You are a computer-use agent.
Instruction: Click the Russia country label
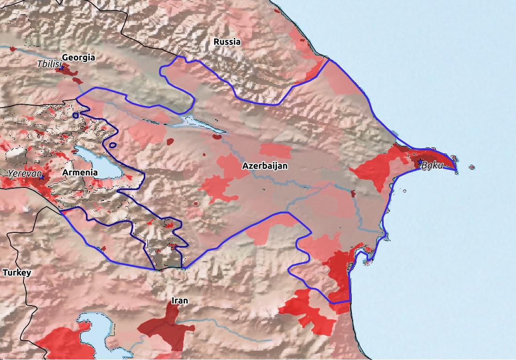pos(227,42)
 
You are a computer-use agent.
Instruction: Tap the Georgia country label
pos(78,58)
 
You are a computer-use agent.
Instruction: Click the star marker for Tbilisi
pos(61,69)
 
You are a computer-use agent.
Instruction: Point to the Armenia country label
pos(80,173)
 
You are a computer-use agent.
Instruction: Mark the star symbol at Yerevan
pos(41,178)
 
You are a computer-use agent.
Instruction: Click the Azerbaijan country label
pos(265,166)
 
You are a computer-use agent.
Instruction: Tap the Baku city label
pos(432,165)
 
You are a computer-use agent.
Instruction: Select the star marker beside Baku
pos(420,162)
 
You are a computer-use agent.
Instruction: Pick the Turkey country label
pos(16,273)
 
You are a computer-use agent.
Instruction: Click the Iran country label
pos(180,301)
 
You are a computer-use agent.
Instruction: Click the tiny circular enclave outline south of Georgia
pos(76,115)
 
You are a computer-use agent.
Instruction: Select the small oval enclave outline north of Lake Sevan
pos(112,145)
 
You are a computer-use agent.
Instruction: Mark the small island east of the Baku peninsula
pos(471,167)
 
